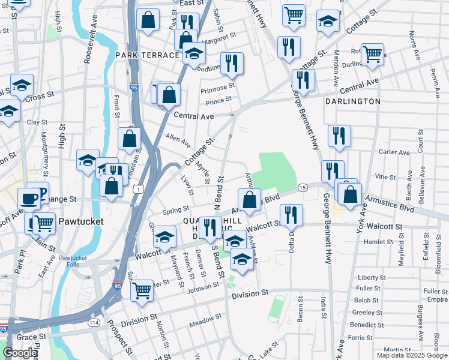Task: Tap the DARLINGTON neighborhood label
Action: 352,101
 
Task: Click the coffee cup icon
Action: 28,198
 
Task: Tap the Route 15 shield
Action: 303,188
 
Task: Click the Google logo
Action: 20,353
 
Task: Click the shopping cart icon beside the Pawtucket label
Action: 43,223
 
